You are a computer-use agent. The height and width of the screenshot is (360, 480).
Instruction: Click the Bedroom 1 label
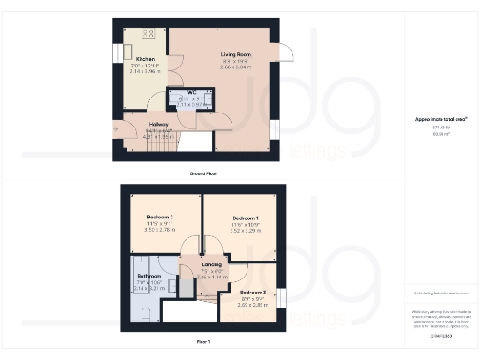[246, 217]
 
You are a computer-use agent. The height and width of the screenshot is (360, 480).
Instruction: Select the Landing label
[213, 264]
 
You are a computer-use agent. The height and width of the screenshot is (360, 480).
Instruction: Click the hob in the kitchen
[148, 34]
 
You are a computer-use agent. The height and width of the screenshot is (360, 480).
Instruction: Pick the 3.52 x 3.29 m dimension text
[246, 230]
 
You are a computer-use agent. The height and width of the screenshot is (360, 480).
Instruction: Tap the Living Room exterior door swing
[288, 52]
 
